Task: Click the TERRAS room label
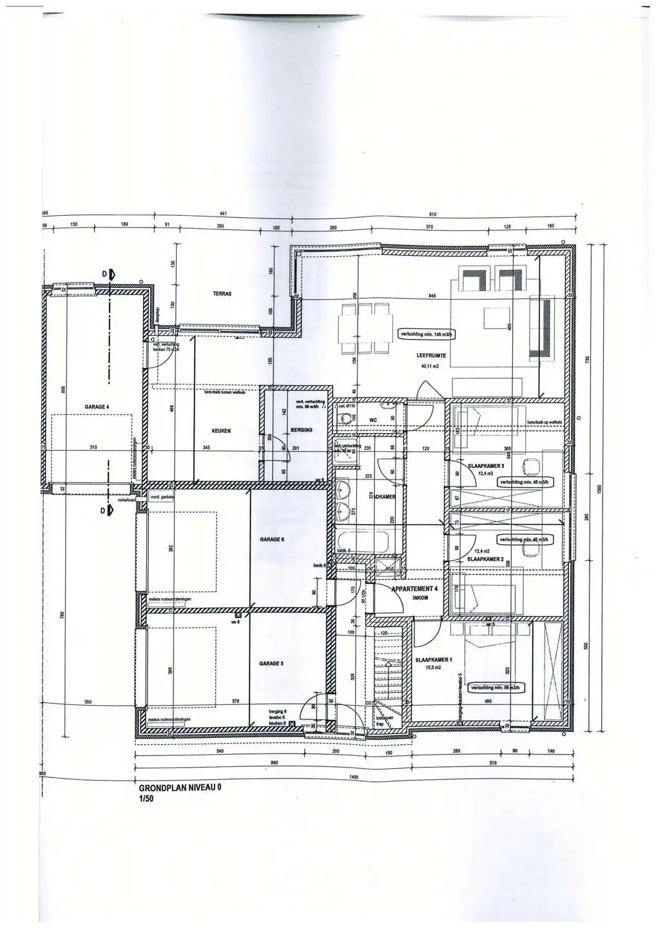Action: coord(222,293)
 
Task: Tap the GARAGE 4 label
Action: coord(97,407)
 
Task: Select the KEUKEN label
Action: coord(221,431)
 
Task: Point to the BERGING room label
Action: coord(302,430)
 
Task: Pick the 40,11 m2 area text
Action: coord(430,366)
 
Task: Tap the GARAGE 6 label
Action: coord(271,539)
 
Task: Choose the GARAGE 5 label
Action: coord(271,663)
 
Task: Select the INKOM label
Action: coord(420,597)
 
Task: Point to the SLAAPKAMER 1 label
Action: coord(434,659)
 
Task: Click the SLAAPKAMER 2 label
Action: coord(485,559)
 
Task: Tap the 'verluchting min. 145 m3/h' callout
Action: coord(428,334)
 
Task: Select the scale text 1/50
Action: coord(146,798)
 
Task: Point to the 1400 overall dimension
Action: coord(353,778)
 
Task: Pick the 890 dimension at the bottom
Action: coord(274,762)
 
